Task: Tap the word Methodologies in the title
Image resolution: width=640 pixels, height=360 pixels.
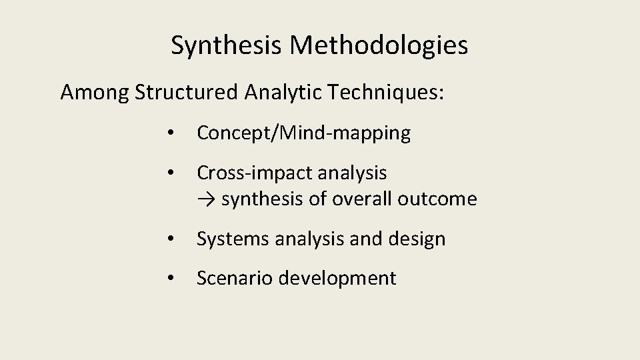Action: (379, 46)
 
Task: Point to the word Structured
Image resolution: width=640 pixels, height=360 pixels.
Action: (185, 93)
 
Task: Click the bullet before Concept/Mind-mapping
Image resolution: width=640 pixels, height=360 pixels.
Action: (171, 134)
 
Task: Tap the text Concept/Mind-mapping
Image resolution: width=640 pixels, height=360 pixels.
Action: (303, 133)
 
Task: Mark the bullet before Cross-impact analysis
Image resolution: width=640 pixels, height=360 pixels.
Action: (171, 174)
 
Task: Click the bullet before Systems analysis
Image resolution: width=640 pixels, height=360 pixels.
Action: (171, 239)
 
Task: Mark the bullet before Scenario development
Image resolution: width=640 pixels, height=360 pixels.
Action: (171, 278)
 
